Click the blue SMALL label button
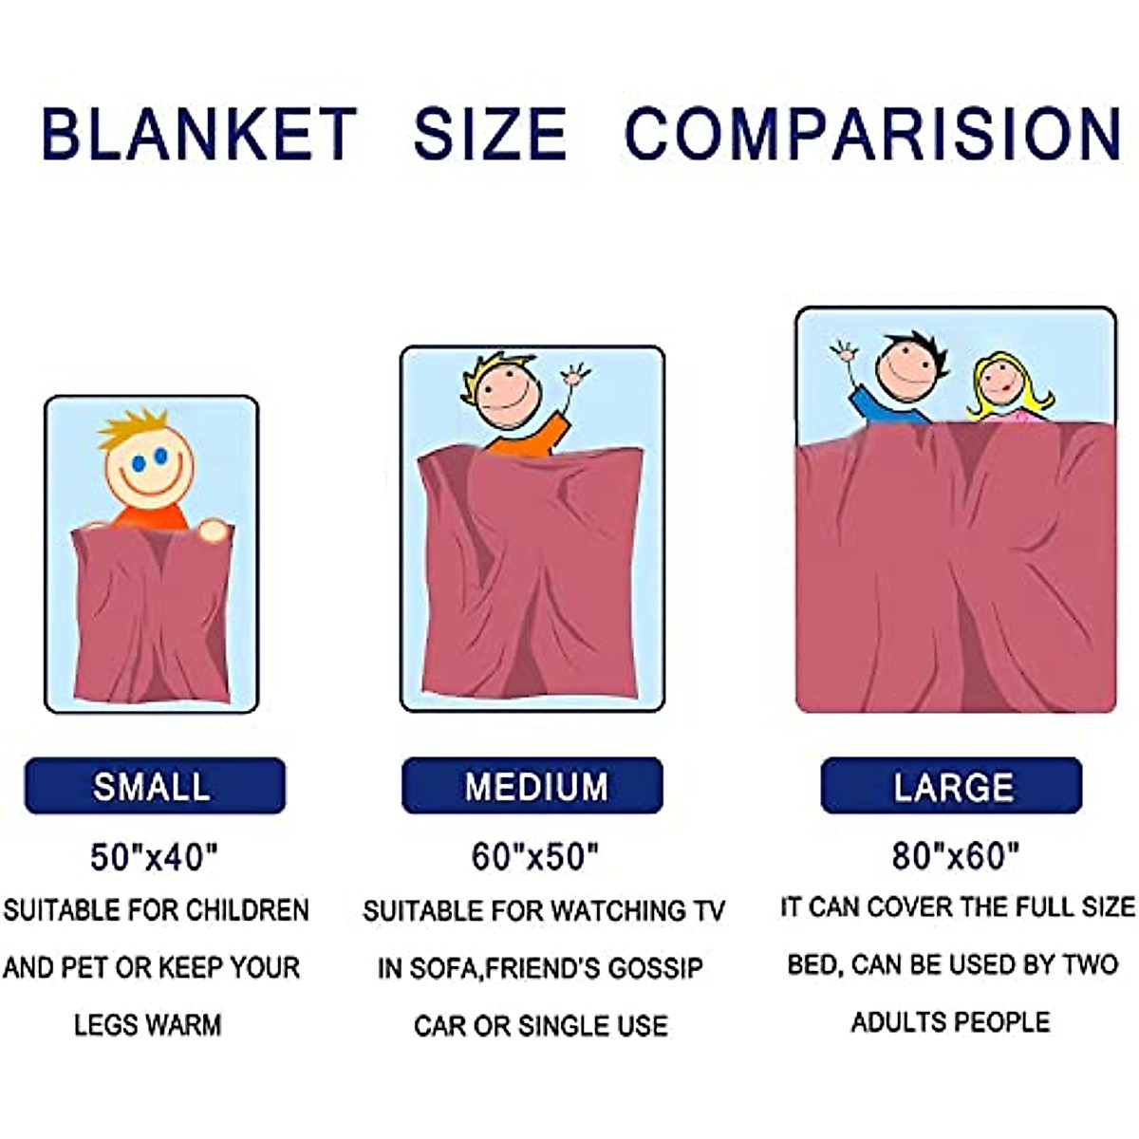point(155,786)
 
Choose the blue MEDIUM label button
point(532,786)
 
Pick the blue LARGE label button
point(951,786)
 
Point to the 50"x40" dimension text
point(154,857)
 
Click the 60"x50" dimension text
point(535,857)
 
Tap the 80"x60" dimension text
point(955,856)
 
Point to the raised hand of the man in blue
point(844,354)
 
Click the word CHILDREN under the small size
point(248,910)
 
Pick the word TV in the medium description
point(708,911)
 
